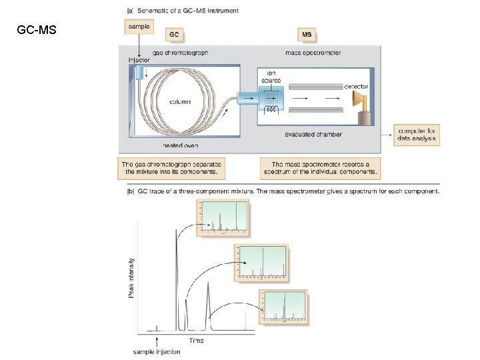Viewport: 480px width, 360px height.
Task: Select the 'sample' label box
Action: click(137, 26)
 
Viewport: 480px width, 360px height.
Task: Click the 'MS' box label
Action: click(307, 33)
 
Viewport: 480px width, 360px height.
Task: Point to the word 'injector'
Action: click(139, 59)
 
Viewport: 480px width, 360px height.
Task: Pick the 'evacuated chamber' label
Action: click(314, 134)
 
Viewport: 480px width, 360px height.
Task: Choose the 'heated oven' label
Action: click(180, 145)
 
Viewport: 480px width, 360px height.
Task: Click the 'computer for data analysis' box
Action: click(417, 134)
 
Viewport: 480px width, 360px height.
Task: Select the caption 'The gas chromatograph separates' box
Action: click(172, 168)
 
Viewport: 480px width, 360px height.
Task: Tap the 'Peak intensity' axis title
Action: click(131, 277)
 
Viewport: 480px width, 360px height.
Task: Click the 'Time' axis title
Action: click(196, 340)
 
